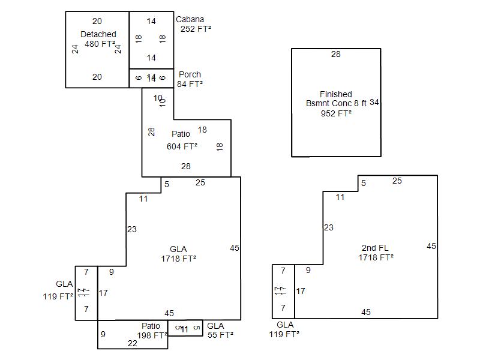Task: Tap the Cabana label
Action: (190, 19)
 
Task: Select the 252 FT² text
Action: (196, 28)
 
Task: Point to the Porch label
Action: (190, 74)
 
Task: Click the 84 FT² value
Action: (190, 84)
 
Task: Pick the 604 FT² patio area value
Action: (182, 146)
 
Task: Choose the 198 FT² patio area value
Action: (152, 335)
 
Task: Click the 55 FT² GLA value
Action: (220, 335)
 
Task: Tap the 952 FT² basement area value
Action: (336, 113)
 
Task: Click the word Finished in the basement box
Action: (336, 94)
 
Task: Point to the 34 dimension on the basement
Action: (374, 103)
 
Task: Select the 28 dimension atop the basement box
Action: (336, 55)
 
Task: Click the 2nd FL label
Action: (376, 248)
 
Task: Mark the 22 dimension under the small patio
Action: (133, 343)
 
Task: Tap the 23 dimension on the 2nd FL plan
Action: (328, 227)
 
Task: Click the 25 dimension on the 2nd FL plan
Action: (397, 181)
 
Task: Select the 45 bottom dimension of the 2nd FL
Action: (366, 312)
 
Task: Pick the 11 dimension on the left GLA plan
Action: (143, 199)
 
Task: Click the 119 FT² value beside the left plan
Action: (58, 296)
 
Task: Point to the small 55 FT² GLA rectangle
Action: (185, 328)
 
